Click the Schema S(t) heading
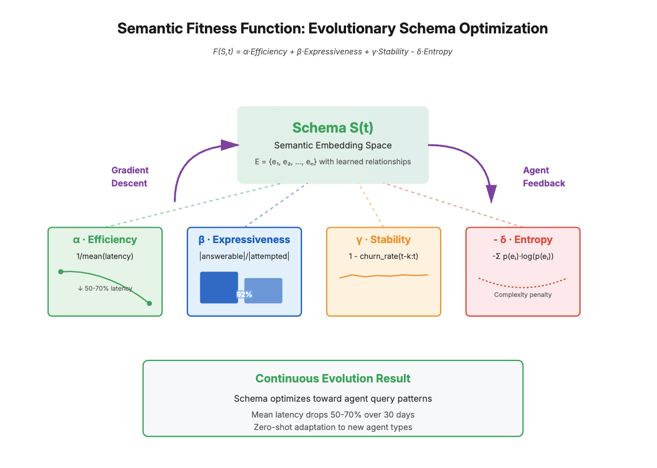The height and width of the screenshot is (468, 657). pyautogui.click(x=332, y=128)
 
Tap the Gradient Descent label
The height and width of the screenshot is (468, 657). pyautogui.click(x=130, y=177)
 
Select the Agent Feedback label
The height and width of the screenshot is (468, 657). pyautogui.click(x=544, y=177)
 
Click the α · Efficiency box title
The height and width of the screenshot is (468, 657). pyautogui.click(x=105, y=240)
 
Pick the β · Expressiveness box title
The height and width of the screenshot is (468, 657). pyautogui.click(x=244, y=240)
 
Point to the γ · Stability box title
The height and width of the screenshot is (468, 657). pyautogui.click(x=383, y=240)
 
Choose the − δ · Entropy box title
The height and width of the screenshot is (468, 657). pyautogui.click(x=523, y=240)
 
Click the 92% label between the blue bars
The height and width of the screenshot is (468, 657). pyautogui.click(x=244, y=295)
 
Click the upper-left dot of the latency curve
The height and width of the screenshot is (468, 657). pyautogui.click(x=61, y=272)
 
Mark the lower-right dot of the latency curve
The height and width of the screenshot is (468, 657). pyautogui.click(x=150, y=303)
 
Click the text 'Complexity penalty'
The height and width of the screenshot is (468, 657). pyautogui.click(x=523, y=295)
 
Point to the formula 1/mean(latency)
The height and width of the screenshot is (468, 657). pyautogui.click(x=105, y=256)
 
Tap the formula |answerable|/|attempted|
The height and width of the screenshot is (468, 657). pyautogui.click(x=244, y=256)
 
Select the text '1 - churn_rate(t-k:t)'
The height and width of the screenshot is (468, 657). pyautogui.click(x=383, y=256)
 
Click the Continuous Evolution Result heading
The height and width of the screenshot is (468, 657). pyautogui.click(x=332, y=378)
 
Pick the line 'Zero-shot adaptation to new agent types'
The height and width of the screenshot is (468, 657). pyautogui.click(x=332, y=427)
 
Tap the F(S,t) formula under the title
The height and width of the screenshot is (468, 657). pyautogui.click(x=332, y=52)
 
